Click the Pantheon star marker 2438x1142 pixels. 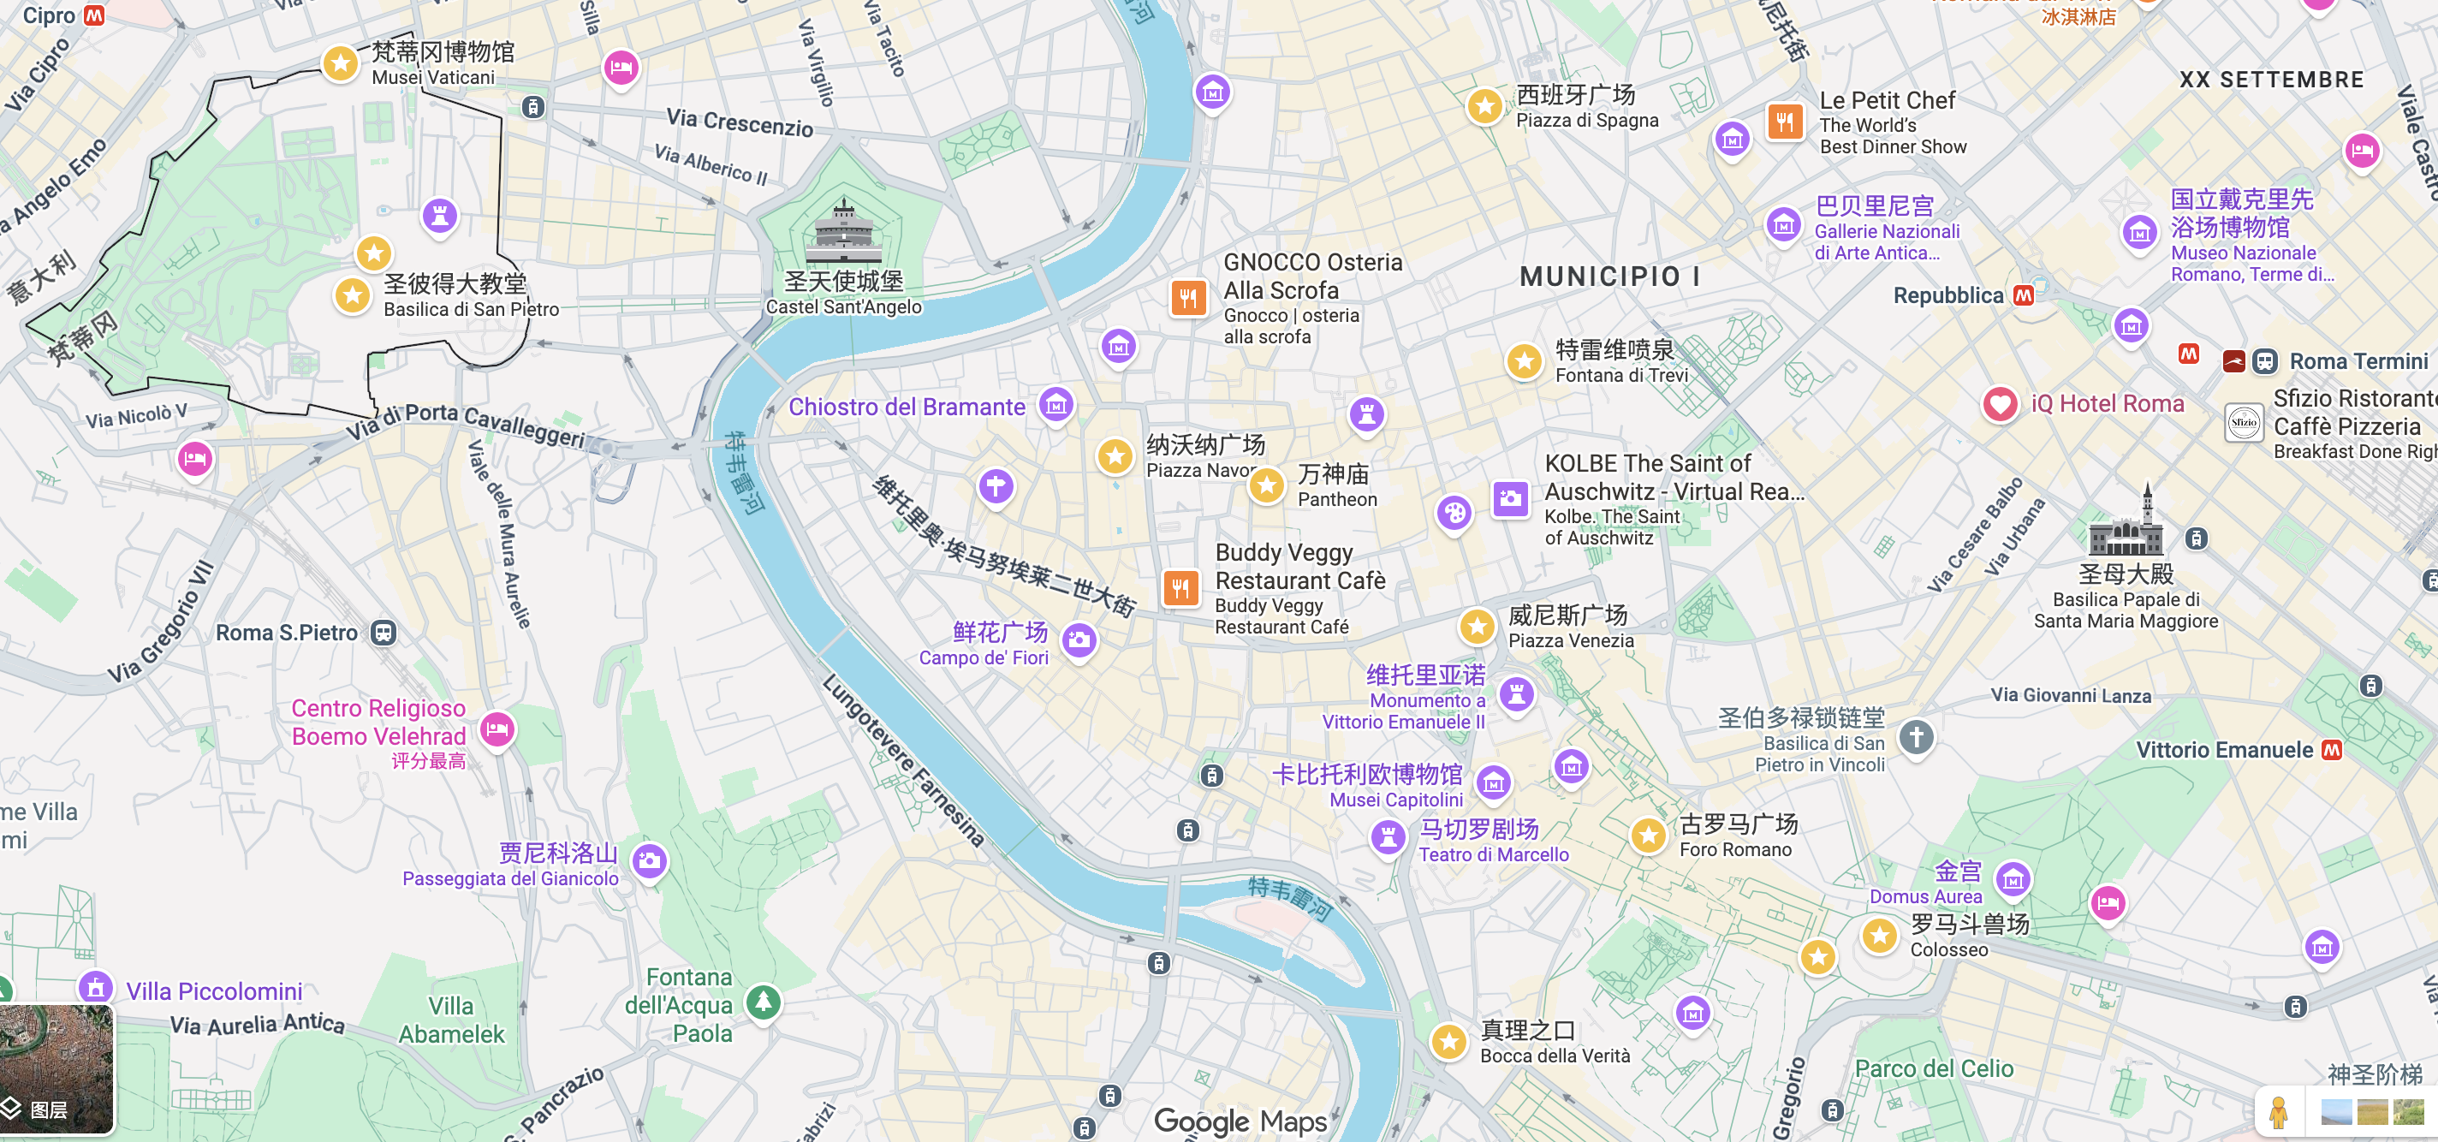1266,485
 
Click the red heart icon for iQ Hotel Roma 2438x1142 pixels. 1999,404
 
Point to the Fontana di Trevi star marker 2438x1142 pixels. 1524,360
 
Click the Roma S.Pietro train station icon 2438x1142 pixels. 384,632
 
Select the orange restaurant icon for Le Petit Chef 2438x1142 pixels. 1784,121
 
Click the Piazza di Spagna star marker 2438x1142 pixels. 1484,105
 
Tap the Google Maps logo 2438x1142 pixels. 1240,1121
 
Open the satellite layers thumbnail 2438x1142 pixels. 56,1068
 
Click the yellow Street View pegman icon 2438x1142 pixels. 2278,1113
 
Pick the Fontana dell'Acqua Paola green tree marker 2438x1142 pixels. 764,1000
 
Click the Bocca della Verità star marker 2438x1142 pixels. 1448,1041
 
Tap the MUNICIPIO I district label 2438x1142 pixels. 1609,277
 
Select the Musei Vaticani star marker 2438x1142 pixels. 340,63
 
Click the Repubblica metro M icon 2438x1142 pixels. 2024,295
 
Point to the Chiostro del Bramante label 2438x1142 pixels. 906,407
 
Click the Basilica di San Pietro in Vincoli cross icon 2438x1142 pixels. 1916,737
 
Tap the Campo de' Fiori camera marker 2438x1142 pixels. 1079,639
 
